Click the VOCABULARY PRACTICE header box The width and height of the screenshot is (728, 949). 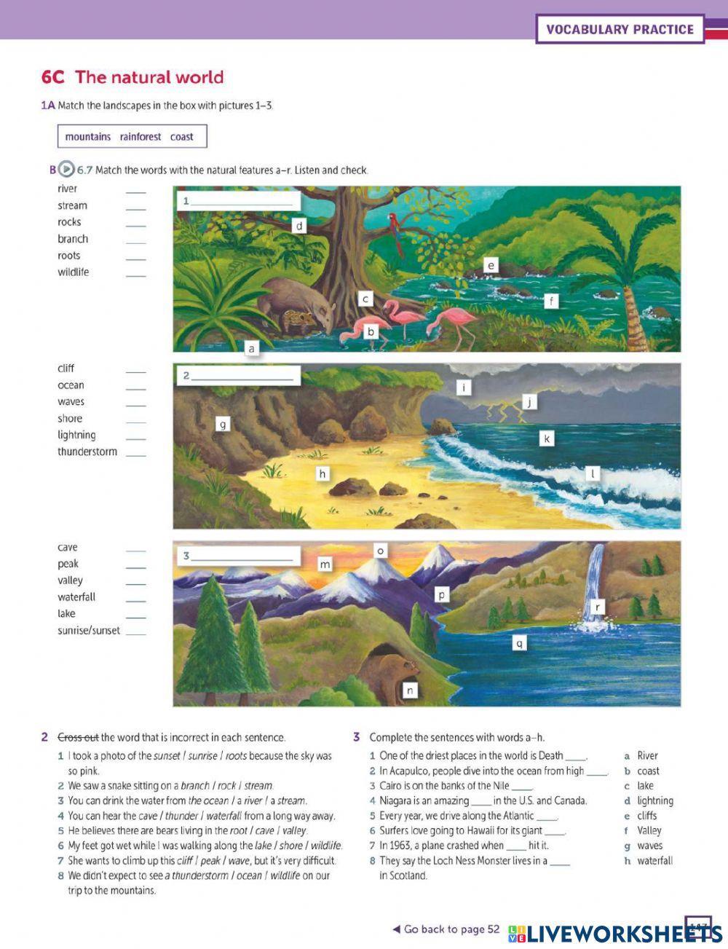coord(620,30)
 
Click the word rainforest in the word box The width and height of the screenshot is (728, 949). coord(141,137)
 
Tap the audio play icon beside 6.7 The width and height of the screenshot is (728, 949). coord(66,170)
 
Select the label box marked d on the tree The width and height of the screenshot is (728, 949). coord(298,226)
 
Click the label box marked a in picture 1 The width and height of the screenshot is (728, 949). coord(252,349)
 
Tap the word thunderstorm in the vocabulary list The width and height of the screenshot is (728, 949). coord(87,452)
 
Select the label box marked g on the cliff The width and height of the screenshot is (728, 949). coord(223,424)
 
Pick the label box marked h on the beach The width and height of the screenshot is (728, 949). coord(323,474)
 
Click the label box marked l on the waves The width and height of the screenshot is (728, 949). coord(593,474)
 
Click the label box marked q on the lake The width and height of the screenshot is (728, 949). coord(518,643)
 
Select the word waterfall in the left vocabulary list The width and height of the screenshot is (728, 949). coord(76,597)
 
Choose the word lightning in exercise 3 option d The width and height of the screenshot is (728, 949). coord(655,800)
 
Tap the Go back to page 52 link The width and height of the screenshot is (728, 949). coord(446,929)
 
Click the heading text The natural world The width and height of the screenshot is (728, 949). coord(149,77)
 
